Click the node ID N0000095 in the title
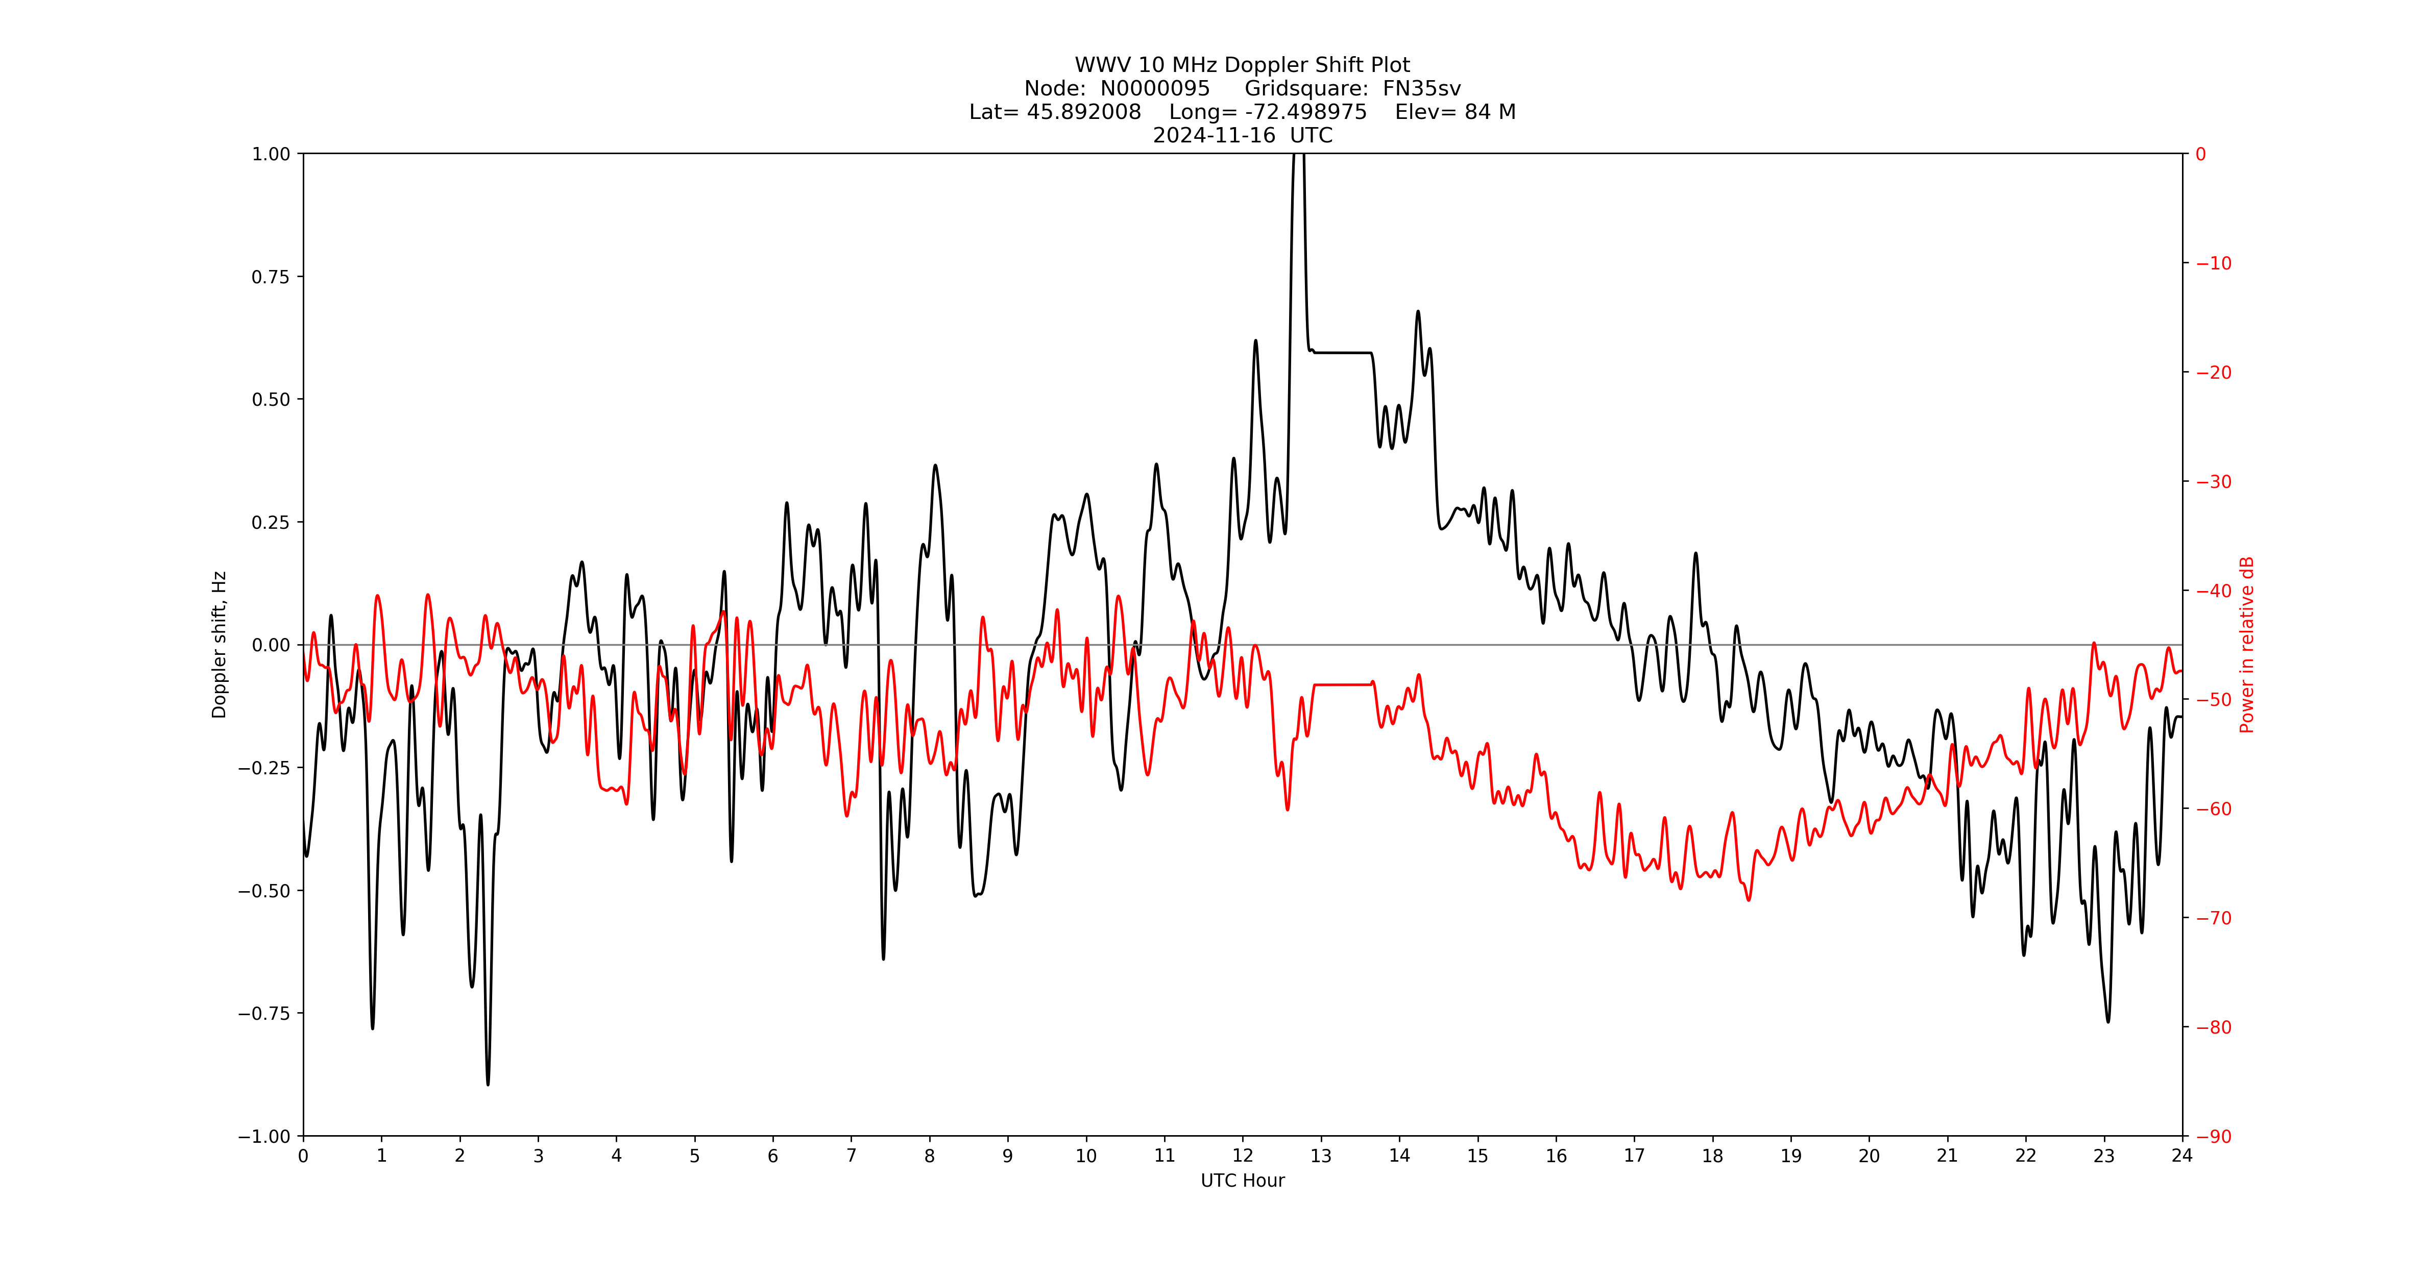click(1155, 88)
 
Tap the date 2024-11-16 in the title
click(1215, 135)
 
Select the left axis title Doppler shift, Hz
click(220, 645)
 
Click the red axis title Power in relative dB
click(2247, 645)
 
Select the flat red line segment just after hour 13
click(1342, 685)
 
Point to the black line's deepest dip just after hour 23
click(2108, 1021)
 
